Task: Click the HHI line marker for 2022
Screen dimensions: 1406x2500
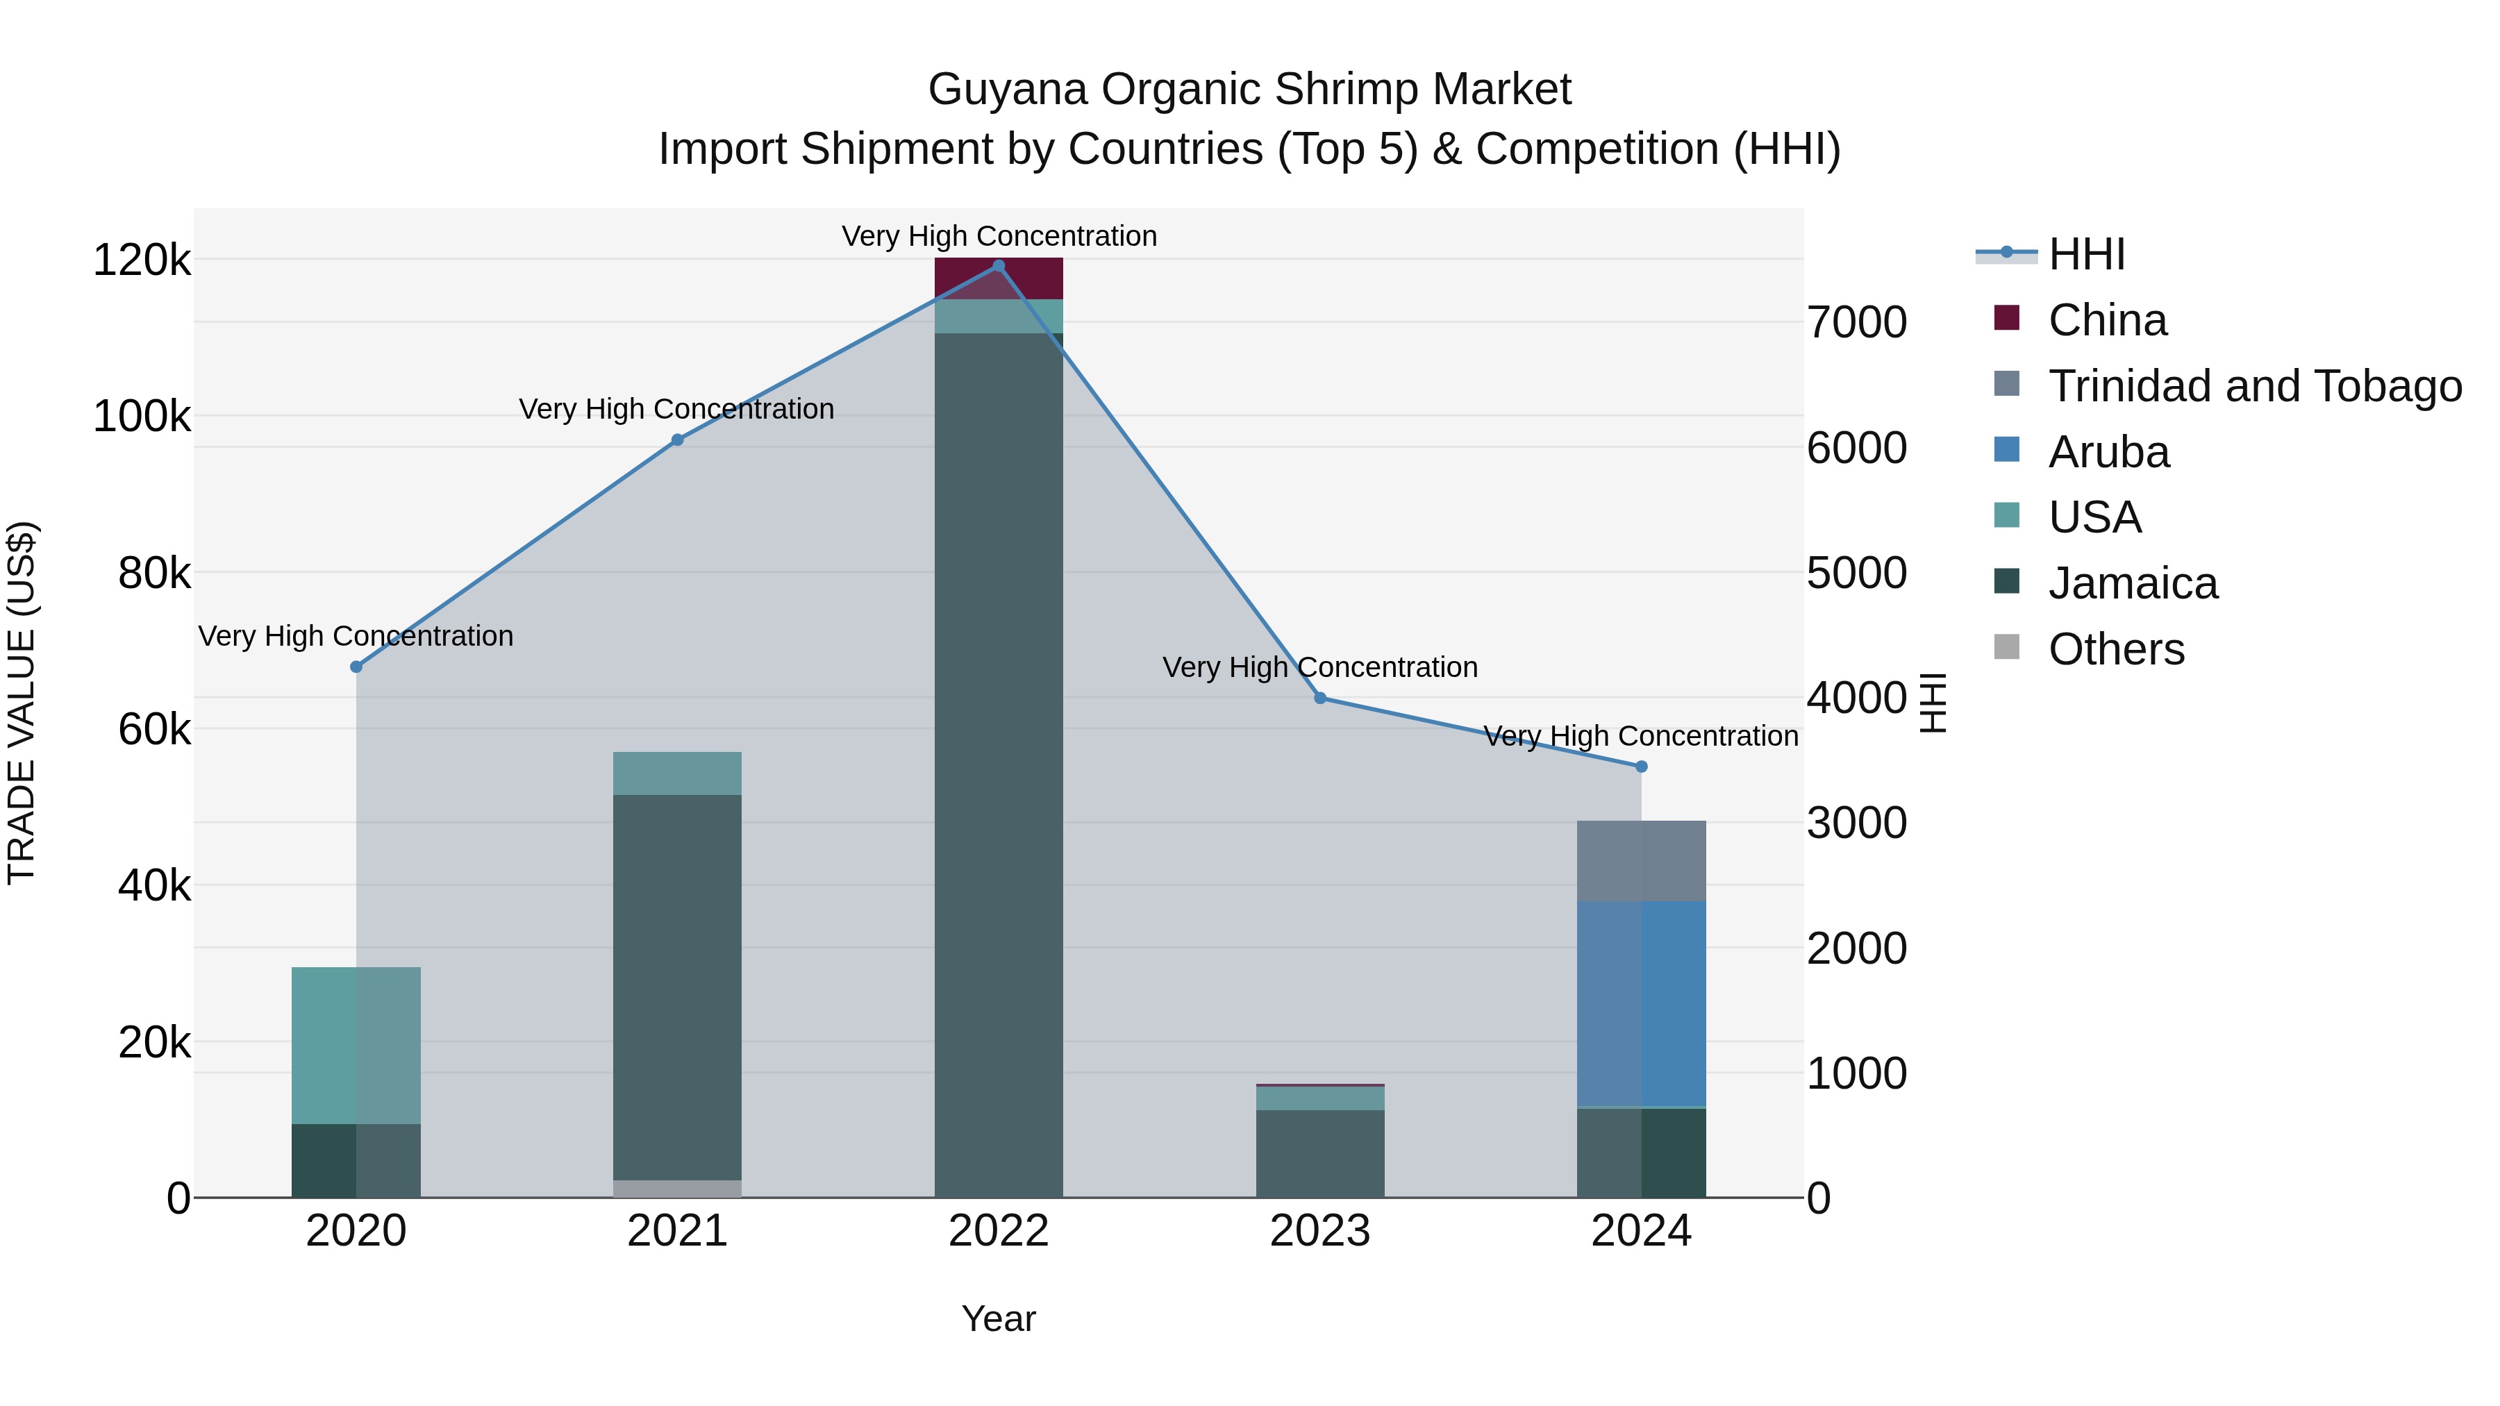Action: [999, 266]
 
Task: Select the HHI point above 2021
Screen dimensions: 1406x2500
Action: [677, 440]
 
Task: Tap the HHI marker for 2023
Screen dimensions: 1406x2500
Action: [1320, 698]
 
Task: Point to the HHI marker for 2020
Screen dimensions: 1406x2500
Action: [356, 667]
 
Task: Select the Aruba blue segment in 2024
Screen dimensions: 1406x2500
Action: [1641, 1003]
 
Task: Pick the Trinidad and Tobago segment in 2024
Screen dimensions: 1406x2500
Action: [1641, 861]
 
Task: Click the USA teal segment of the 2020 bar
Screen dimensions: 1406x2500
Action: [356, 1045]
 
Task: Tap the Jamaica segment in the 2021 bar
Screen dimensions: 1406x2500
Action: [677, 987]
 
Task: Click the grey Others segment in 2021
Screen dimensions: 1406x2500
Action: [677, 1189]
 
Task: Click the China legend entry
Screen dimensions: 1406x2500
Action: [2106, 320]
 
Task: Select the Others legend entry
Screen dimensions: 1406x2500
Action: [2116, 649]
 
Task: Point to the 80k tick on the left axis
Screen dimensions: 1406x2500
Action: [154, 574]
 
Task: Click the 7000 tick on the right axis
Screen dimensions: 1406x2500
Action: [1856, 322]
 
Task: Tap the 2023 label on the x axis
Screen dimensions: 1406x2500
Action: [1320, 1231]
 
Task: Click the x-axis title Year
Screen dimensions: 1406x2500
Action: [999, 1319]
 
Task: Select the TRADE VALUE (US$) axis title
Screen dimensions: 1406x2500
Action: [22, 703]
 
